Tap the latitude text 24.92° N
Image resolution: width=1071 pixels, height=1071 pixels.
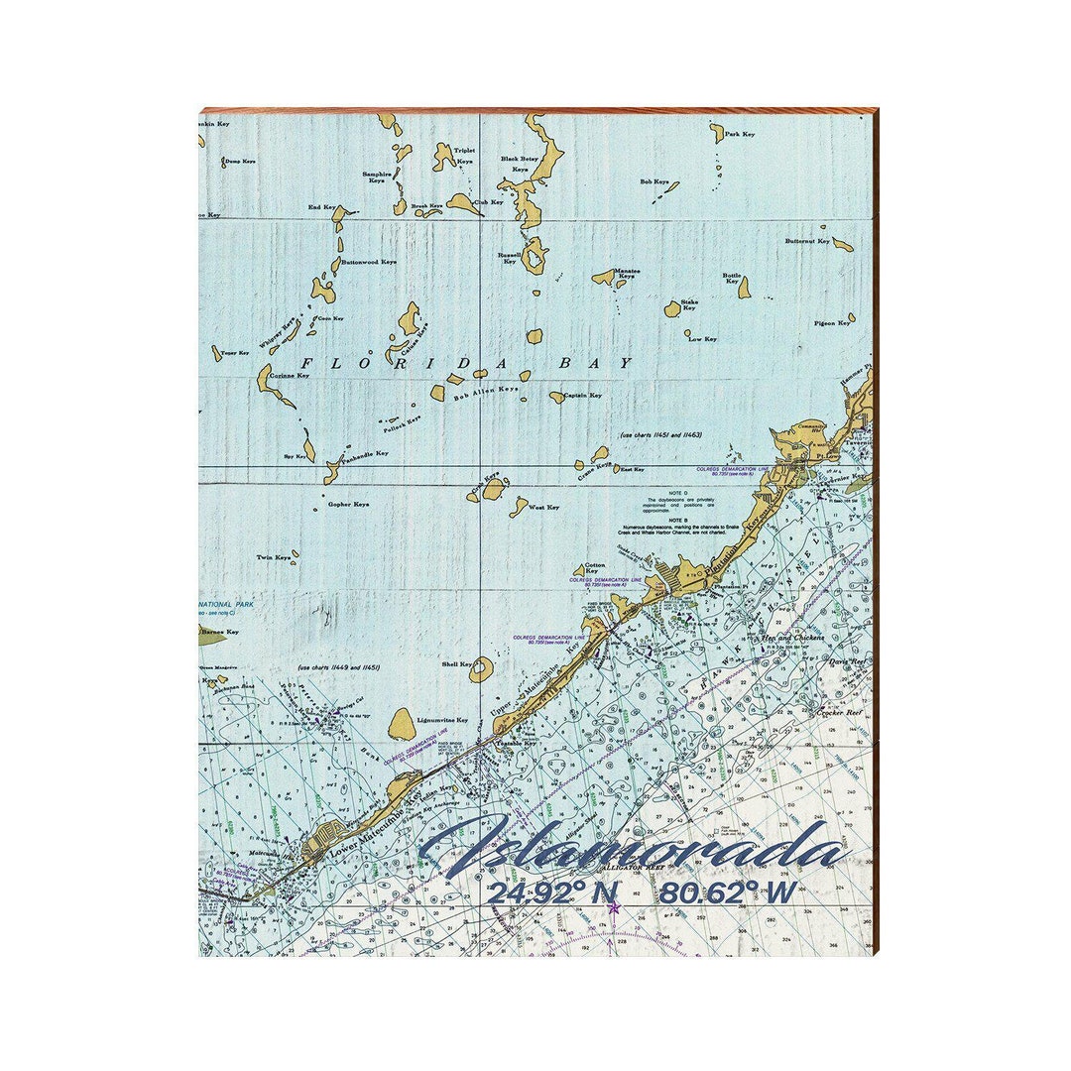point(551,893)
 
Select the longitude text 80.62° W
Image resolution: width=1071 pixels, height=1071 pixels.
point(728,893)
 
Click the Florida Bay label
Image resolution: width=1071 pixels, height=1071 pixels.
point(466,363)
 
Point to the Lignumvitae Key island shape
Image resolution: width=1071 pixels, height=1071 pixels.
point(402,724)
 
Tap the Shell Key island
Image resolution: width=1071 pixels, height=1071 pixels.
point(481,669)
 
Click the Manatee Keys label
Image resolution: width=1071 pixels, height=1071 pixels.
point(627,273)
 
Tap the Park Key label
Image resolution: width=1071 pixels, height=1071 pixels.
point(740,134)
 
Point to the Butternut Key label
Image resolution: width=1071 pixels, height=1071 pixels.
point(807,241)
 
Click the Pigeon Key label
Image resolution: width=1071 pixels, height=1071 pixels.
point(831,323)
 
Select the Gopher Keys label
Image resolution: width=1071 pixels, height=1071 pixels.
point(348,504)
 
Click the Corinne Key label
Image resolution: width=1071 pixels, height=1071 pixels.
point(290,376)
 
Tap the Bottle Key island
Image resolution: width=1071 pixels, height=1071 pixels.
point(744,288)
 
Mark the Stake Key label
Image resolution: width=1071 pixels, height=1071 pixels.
point(688,304)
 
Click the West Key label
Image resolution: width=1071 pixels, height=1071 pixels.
point(543,507)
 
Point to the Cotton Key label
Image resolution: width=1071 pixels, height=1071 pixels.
point(592,567)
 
